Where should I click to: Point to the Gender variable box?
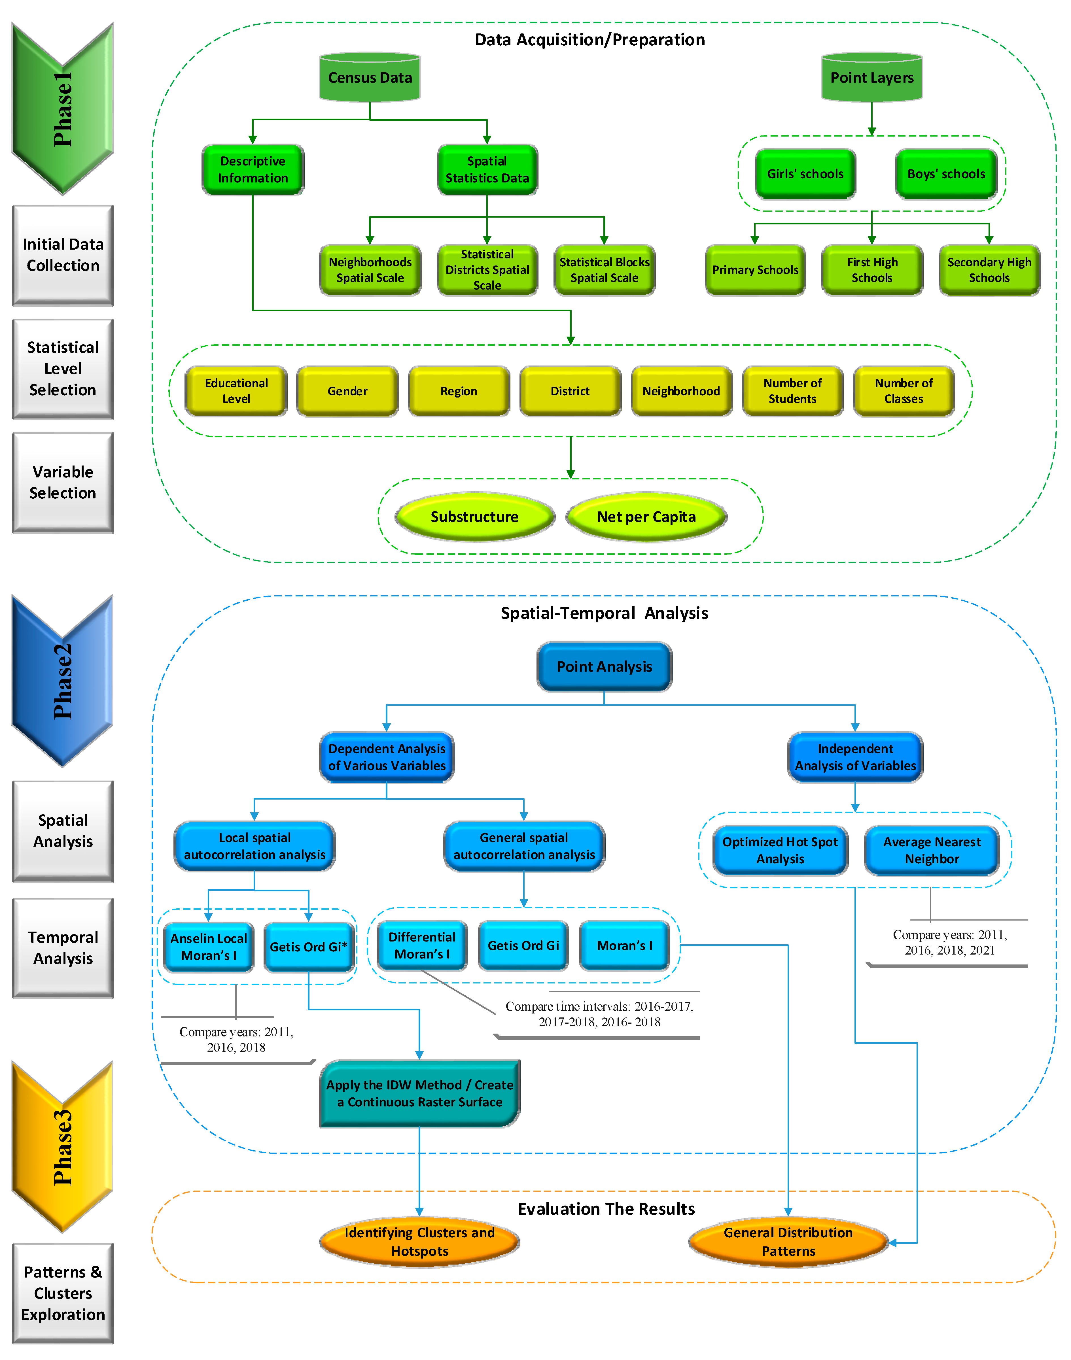347,391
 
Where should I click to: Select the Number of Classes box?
904,391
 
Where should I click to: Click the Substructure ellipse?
475,517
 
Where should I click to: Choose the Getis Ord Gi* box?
309,946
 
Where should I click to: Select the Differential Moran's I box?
422,945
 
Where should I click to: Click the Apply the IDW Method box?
419,1093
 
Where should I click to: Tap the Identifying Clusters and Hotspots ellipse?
419,1242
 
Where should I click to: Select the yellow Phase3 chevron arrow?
63,1147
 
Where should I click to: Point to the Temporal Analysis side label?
63,948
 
